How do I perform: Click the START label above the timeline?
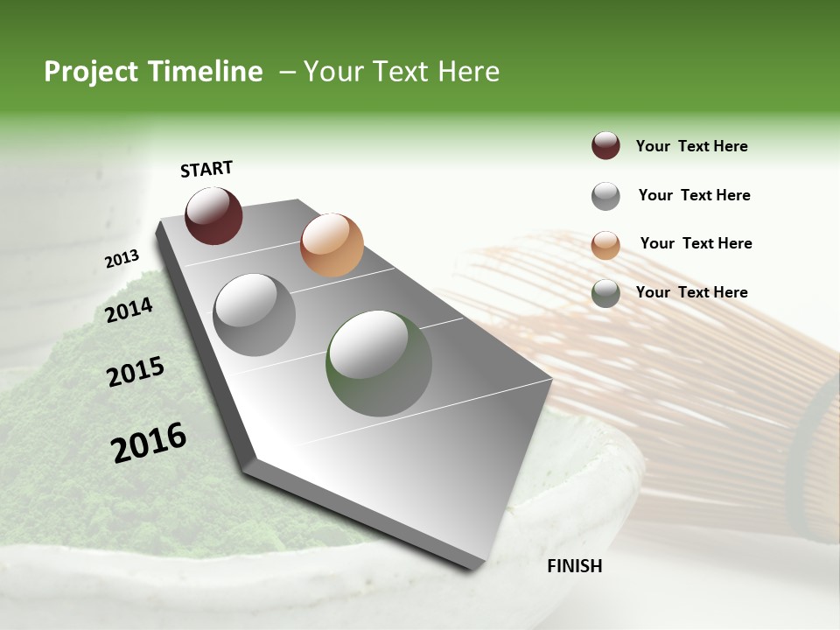206,169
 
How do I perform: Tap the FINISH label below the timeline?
574,566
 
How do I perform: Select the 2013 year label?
122,259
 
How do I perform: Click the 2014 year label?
129,310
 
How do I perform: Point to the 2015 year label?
136,372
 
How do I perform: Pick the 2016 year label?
149,442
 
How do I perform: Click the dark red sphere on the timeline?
213,215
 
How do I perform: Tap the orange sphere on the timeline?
332,245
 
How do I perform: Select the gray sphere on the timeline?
255,315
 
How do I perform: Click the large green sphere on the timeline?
379,363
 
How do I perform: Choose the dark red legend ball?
605,146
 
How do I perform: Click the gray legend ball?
605,196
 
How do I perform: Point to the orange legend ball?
605,245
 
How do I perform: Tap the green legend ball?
605,293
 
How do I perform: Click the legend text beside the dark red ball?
691,147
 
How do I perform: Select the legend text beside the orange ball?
696,243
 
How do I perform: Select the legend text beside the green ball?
691,292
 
